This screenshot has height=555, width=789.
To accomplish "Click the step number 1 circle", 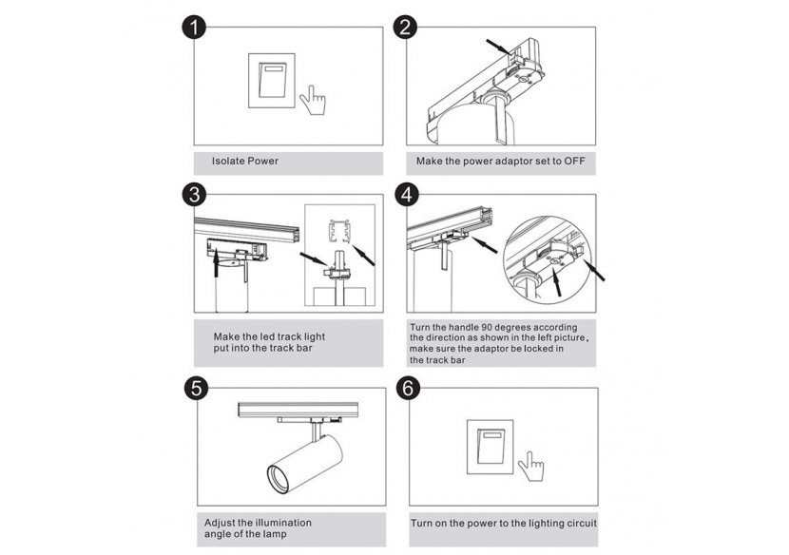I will click(x=194, y=28).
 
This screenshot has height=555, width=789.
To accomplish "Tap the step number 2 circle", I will click(x=407, y=28).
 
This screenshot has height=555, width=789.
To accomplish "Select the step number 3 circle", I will click(x=194, y=196).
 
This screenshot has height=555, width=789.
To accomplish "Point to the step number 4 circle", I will click(x=407, y=196).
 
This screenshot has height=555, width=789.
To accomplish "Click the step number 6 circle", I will click(x=407, y=388).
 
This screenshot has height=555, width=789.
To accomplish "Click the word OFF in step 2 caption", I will click(x=574, y=162).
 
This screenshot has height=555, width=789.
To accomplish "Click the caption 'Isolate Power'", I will click(x=245, y=162).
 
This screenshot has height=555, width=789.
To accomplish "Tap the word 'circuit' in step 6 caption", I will click(x=578, y=523).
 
